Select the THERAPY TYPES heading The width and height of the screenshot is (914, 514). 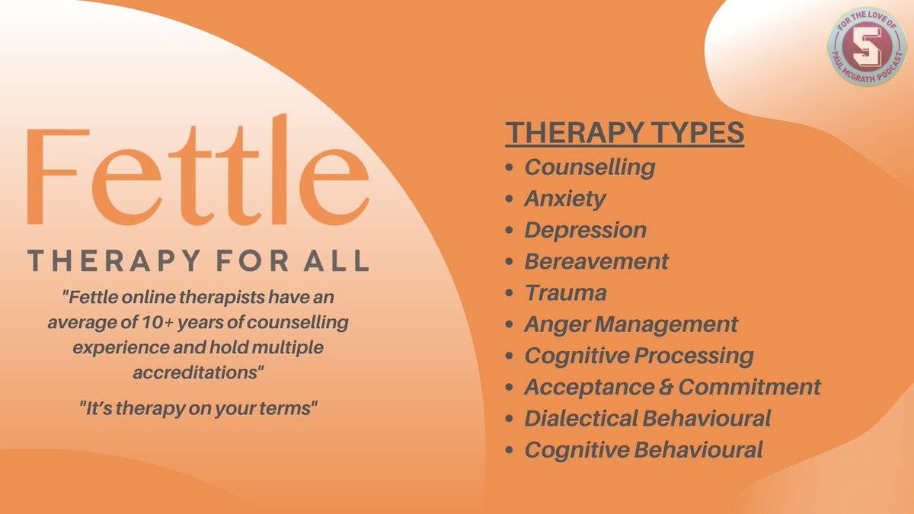pos(625,132)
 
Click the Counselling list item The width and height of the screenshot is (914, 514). pos(590,167)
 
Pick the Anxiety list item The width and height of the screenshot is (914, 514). pos(565,199)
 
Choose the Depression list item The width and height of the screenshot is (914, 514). pos(585,230)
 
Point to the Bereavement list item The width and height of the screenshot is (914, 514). pos(596,261)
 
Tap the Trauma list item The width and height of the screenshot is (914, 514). pos(565,292)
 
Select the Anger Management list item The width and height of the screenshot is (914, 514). pos(631,324)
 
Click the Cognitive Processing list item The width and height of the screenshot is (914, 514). pos(639,356)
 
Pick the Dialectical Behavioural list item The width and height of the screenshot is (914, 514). pos(647,418)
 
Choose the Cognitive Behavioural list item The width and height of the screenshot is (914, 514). pos(644,449)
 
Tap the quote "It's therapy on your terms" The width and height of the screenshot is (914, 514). pos(198,407)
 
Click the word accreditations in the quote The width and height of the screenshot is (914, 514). pos(197,375)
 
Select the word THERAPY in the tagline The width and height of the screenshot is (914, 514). pos(104,260)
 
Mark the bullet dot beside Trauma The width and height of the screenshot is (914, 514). pos(509,293)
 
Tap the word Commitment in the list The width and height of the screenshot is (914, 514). pos(749,387)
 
